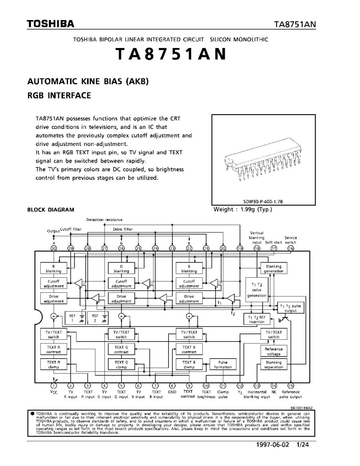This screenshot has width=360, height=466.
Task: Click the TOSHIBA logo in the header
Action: coord(50,24)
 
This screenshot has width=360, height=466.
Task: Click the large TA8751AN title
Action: coord(171,54)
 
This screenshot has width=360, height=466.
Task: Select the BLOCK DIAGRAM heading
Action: coord(50,210)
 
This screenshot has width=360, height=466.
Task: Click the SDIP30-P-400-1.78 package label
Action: coord(263,201)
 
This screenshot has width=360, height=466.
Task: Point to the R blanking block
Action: coord(54,269)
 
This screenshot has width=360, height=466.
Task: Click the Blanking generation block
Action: coord(274,269)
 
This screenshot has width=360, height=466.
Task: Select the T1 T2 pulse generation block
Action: coord(257,290)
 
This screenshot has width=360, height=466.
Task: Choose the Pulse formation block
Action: coord(223,364)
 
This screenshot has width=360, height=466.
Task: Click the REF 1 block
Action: coord(73,318)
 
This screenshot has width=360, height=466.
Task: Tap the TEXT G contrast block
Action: coord(121,349)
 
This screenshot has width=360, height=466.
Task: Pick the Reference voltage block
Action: coord(274,351)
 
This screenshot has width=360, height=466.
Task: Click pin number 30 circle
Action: coord(54,248)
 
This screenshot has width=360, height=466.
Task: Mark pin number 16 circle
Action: coord(291,248)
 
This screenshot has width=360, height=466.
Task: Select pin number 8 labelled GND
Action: coord(172,386)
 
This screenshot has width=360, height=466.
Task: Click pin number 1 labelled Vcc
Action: coord(54,386)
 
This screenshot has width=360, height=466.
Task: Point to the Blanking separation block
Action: coord(274,364)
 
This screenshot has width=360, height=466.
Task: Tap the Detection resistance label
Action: coord(104,220)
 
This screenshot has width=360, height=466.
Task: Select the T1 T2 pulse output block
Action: coord(291,308)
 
